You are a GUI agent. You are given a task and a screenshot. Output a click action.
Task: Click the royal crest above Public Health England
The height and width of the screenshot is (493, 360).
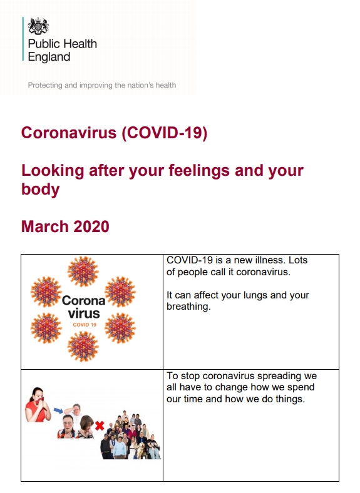pos(38,26)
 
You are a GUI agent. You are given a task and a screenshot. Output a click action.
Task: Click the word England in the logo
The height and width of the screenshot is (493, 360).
pos(49,57)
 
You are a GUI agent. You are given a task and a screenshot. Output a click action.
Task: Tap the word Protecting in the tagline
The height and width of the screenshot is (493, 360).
pos(45,85)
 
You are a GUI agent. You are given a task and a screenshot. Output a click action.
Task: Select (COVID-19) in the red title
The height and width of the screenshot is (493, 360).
pos(165,133)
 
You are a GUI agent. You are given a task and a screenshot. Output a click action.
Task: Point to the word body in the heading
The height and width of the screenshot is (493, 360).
pos(40,190)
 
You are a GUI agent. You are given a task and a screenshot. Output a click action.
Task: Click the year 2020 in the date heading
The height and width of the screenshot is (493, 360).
pos(91,226)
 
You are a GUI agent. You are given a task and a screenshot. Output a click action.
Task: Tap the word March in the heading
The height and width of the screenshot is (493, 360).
pos(44,226)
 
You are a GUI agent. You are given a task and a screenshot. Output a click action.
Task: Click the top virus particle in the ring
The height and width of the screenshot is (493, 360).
pos(83,271)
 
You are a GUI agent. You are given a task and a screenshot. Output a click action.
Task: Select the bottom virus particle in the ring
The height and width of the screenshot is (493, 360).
pos(83,346)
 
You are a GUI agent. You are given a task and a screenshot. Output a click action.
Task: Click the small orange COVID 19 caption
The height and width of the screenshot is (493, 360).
pos(85,325)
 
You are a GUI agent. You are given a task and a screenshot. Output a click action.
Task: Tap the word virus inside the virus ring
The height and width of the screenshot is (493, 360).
pos(84,313)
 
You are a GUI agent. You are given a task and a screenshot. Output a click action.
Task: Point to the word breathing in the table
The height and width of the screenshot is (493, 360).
pos(188,307)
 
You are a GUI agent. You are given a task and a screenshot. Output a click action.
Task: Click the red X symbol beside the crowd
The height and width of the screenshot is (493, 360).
pos(100,425)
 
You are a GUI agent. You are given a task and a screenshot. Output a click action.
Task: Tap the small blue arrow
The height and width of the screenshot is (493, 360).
pos(58,410)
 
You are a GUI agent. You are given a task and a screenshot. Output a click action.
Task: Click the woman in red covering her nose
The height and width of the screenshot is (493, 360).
pos(38,405)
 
